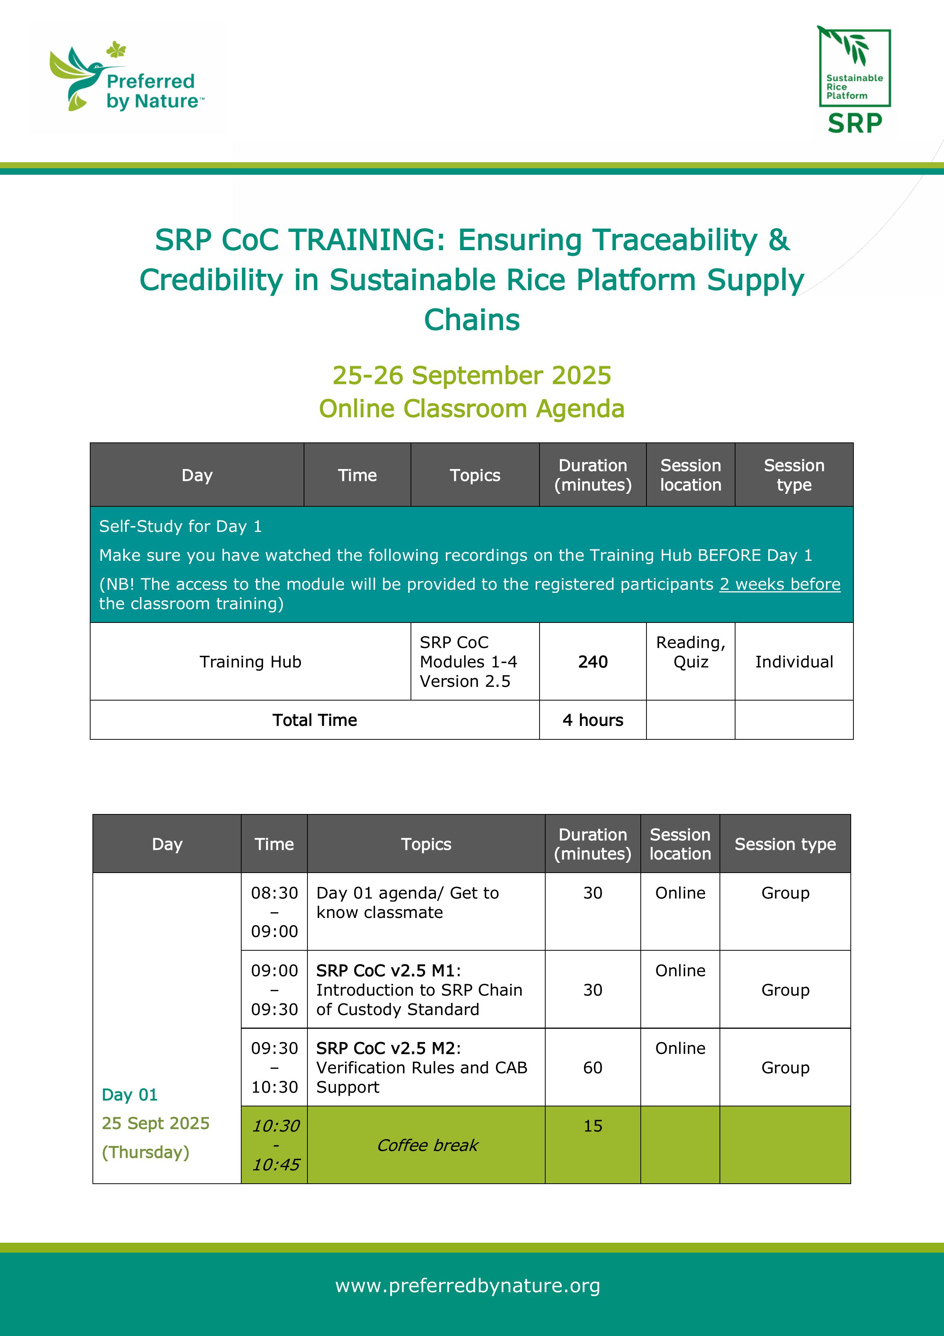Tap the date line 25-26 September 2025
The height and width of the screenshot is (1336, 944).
coord(472,375)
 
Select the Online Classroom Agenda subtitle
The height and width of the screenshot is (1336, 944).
coord(472,409)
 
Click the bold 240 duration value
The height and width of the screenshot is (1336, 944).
coord(593,662)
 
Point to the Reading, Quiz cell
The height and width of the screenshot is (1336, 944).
coord(691,652)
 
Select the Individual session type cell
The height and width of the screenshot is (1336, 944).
coord(794,662)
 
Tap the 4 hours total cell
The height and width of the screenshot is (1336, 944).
coord(593,720)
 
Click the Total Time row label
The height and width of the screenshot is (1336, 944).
coord(315,720)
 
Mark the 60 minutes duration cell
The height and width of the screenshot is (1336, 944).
coord(593,1067)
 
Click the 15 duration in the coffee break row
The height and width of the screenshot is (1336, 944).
coord(593,1126)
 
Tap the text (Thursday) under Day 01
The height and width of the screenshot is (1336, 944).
coord(145,1152)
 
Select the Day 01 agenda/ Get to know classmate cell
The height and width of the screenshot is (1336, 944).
coord(407,902)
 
